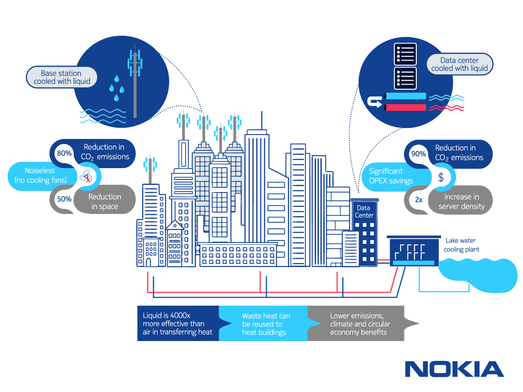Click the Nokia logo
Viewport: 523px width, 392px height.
click(454, 369)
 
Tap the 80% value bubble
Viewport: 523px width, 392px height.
click(65, 153)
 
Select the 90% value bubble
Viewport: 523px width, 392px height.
click(418, 154)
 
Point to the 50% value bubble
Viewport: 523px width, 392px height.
click(65, 199)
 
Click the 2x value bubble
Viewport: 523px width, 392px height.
click(418, 199)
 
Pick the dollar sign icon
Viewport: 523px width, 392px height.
click(441, 177)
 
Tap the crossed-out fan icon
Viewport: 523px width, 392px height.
click(86, 176)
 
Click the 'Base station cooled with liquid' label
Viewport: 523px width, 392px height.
click(62, 77)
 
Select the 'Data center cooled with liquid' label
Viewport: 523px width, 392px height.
click(459, 64)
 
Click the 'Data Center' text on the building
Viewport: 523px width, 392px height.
click(364, 212)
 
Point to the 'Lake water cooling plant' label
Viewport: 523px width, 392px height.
click(461, 245)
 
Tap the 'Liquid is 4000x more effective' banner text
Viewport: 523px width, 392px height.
click(177, 324)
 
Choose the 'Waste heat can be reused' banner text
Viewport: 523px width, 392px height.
click(266, 324)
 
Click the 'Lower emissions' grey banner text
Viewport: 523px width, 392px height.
click(360, 324)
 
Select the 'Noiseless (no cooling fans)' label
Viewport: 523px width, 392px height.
click(41, 176)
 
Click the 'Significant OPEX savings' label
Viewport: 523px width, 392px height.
click(391, 176)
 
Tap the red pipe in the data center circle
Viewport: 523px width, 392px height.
click(405, 108)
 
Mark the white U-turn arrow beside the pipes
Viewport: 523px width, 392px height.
click(374, 102)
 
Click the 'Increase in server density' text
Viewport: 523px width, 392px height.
click(462, 202)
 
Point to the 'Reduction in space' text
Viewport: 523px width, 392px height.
click(105, 201)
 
